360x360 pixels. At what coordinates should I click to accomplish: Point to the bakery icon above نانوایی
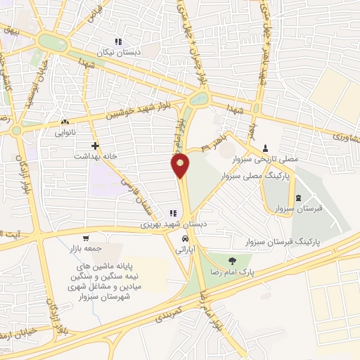coord(64,121)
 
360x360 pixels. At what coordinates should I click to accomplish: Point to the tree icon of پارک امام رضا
coord(232,260)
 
